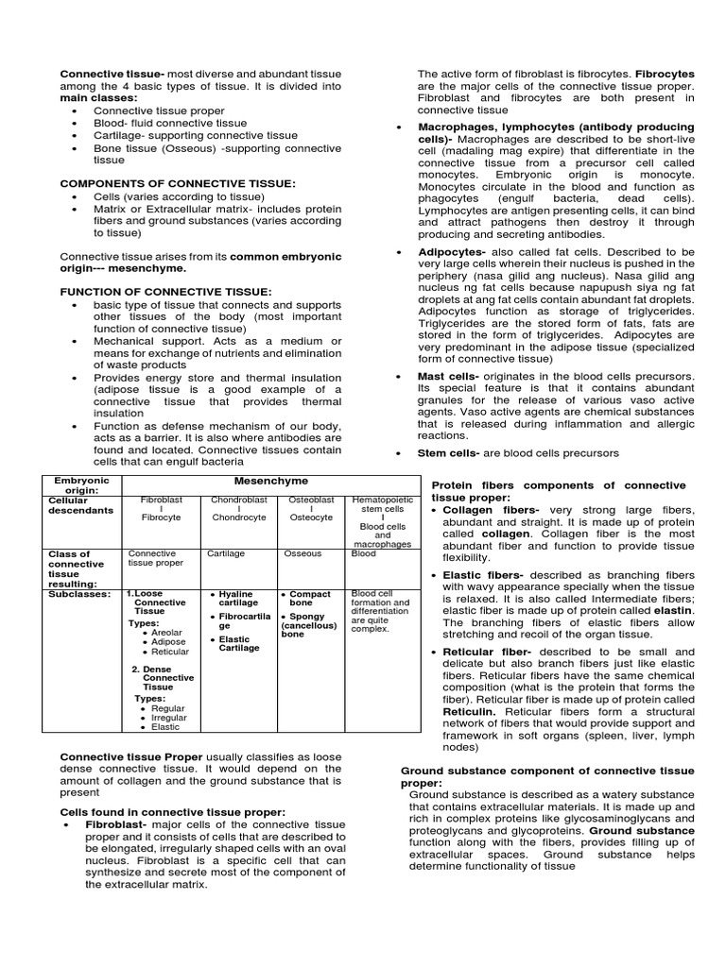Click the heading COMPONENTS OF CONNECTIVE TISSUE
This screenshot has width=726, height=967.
click(x=178, y=183)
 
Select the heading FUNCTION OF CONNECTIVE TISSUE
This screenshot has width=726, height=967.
click(x=165, y=292)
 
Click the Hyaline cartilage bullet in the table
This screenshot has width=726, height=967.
click(x=237, y=598)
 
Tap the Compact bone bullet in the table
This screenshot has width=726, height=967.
click(x=309, y=598)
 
